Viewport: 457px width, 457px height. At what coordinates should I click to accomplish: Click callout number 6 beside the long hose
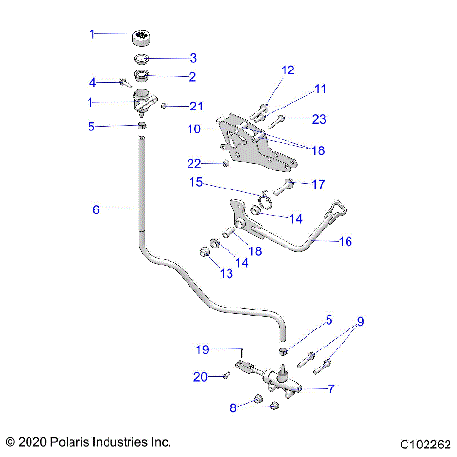pyautogui.click(x=95, y=209)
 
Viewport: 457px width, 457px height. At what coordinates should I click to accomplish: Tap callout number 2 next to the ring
pyautogui.click(x=192, y=76)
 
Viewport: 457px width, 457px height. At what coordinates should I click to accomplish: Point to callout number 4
pyautogui.click(x=92, y=81)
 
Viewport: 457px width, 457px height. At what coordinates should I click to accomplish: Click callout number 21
pyautogui.click(x=196, y=106)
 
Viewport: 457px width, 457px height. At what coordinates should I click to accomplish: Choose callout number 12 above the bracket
pyautogui.click(x=288, y=70)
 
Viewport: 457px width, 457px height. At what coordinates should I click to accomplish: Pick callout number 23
pyautogui.click(x=319, y=119)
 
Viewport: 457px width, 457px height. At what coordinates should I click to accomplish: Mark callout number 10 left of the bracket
pyautogui.click(x=193, y=128)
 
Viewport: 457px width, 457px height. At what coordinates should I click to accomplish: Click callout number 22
pyautogui.click(x=194, y=163)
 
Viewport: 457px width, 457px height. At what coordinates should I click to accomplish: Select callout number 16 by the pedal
pyautogui.click(x=345, y=242)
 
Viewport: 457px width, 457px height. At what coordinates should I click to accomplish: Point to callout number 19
pyautogui.click(x=201, y=349)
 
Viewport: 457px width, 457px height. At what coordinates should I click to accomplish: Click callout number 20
pyautogui.click(x=200, y=377)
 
